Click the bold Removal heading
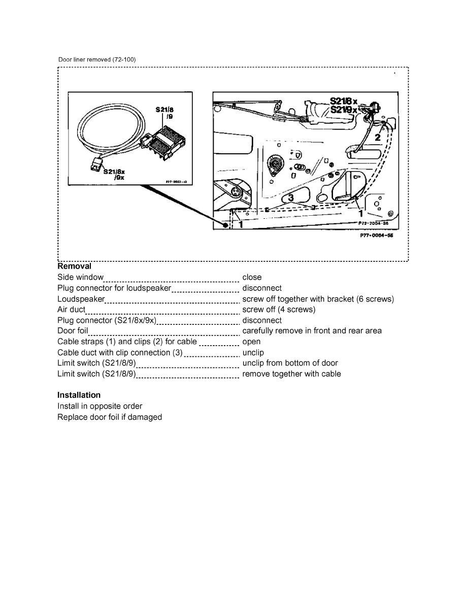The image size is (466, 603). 74,266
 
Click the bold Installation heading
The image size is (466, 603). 79,395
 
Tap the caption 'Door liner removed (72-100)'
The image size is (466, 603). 97,60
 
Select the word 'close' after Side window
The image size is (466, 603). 252,277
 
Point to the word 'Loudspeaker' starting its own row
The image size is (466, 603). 81,299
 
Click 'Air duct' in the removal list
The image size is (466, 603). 71,310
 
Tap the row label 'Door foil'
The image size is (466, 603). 73,331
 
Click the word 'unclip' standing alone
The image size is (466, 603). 253,352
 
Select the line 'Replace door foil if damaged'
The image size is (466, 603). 109,417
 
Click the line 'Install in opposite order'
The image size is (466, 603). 99,406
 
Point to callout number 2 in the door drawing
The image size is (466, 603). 378,138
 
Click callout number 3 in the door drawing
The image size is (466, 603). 291,198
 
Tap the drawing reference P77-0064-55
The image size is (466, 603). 378,236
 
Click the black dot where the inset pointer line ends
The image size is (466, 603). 224,225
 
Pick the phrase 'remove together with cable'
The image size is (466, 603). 291,374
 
